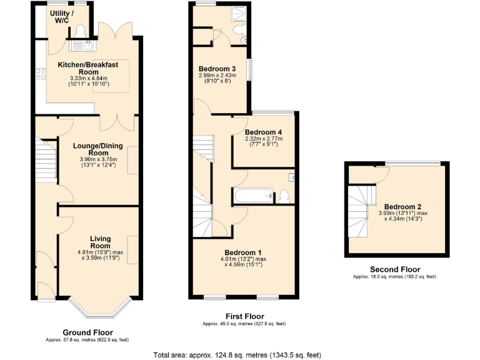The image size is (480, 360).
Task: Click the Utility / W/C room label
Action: [62, 17]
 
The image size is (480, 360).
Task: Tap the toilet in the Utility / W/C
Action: [79, 30]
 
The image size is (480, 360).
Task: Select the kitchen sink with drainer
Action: [82, 44]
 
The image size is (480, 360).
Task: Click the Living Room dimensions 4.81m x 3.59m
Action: [100, 256]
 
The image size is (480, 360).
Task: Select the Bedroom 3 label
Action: [217, 69]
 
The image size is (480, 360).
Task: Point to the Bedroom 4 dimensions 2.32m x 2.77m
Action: [263, 142]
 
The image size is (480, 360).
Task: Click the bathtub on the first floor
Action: [254, 196]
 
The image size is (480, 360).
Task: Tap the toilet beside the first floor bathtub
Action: [284, 196]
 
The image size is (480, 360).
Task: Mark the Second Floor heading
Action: [394, 269]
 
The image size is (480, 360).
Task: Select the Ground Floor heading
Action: [87, 332]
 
